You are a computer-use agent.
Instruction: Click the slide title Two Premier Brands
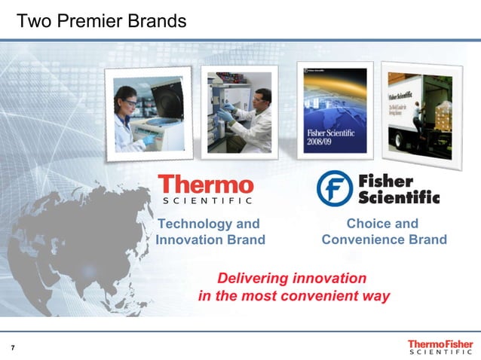(101, 21)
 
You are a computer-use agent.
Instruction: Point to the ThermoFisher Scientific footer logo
(440, 346)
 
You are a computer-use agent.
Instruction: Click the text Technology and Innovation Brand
(210, 232)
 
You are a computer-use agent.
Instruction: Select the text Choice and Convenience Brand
(384, 232)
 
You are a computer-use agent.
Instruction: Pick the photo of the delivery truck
(418, 113)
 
